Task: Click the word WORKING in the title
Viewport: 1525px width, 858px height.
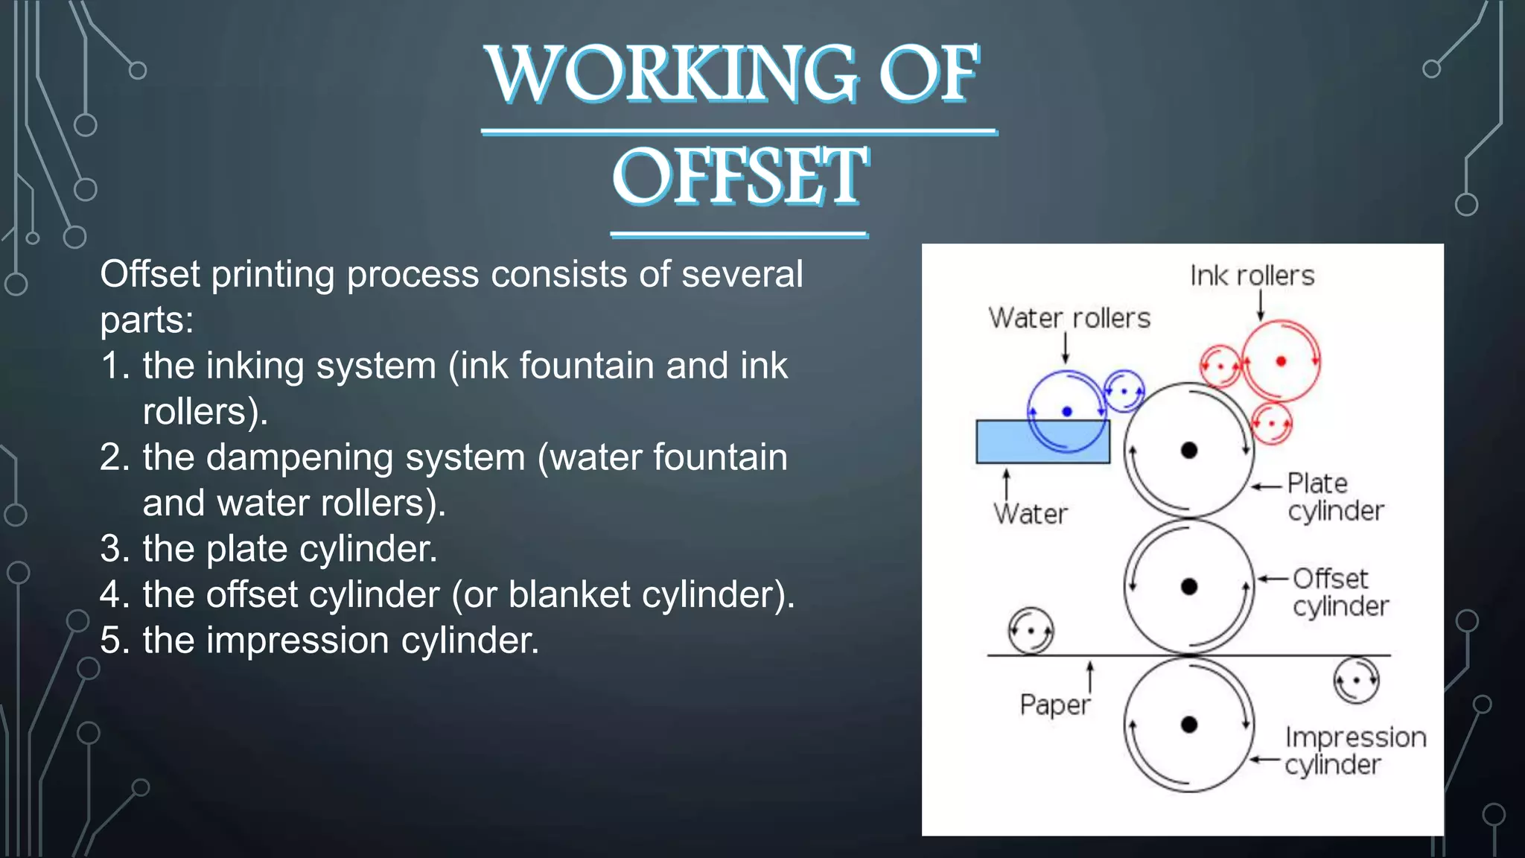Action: [670, 74]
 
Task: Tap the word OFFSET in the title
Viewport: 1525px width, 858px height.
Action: [739, 177]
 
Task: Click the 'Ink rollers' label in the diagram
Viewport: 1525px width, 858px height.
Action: [1252, 276]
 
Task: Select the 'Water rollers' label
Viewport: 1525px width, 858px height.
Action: [1069, 319]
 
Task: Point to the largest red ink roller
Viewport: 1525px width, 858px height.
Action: [1281, 361]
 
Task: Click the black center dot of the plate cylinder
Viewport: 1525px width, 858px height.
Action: [1189, 450]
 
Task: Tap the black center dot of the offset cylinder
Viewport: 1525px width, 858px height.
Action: [1189, 587]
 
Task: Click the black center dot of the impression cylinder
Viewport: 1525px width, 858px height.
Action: [1189, 725]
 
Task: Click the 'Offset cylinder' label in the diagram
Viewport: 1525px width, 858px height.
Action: [1340, 592]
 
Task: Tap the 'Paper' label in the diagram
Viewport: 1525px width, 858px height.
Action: [1054, 705]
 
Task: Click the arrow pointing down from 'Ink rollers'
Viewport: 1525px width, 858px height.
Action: [1261, 306]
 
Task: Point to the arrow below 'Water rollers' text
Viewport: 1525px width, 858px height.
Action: [1066, 349]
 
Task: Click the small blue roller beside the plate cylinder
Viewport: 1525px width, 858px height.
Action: [1124, 391]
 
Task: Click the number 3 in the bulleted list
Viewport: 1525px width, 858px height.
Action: [115, 550]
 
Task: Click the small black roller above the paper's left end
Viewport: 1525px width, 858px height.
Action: [1031, 631]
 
